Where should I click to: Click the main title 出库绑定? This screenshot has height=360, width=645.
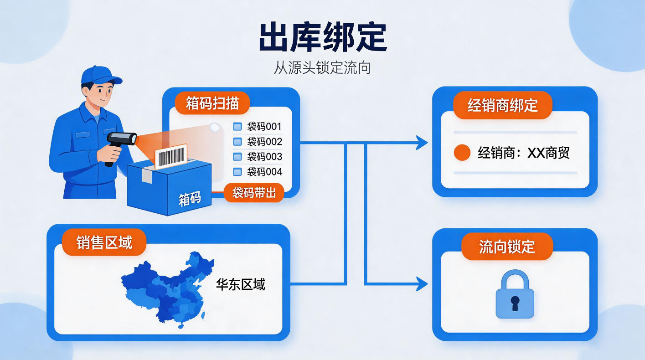[323, 37]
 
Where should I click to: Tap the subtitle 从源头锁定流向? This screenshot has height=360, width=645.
[322, 67]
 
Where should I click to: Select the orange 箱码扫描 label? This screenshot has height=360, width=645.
[212, 103]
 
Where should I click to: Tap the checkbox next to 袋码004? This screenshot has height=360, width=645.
[237, 172]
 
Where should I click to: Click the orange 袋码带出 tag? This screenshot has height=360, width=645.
[254, 192]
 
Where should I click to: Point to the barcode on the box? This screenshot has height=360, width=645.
[171, 157]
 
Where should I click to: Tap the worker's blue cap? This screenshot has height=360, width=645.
[101, 75]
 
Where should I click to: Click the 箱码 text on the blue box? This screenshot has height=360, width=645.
[190, 199]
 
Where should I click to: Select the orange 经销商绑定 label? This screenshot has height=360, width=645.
[502, 105]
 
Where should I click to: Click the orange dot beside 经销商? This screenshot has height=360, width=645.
[462, 153]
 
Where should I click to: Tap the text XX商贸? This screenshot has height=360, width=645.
[548, 153]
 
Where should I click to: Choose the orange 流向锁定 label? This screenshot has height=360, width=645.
[507, 247]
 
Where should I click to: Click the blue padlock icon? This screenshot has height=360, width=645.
[515, 294]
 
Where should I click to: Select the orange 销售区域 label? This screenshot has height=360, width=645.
[104, 242]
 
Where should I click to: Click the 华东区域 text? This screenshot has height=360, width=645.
[240, 284]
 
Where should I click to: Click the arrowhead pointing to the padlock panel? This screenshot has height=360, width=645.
[423, 284]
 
